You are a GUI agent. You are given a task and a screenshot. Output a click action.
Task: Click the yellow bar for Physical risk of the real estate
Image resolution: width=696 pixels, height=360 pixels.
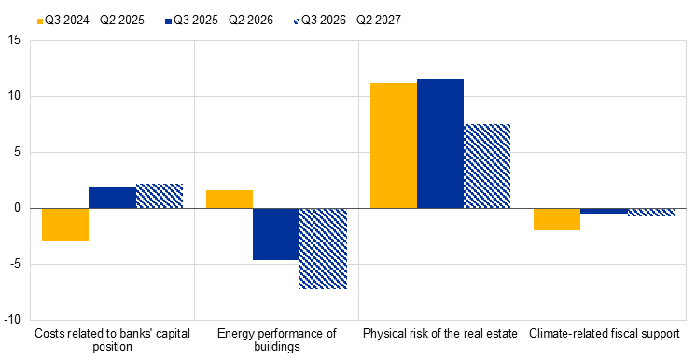tap(394, 145)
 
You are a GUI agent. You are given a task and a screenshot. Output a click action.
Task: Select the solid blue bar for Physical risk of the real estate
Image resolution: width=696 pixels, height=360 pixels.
tap(440, 144)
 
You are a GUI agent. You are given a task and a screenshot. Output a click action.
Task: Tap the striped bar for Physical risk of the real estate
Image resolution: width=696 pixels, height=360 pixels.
tap(487, 166)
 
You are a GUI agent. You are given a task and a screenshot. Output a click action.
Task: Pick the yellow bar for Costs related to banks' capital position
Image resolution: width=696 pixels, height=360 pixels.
tap(65, 224)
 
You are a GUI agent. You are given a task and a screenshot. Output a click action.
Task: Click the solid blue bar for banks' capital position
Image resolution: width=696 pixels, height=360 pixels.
tap(112, 198)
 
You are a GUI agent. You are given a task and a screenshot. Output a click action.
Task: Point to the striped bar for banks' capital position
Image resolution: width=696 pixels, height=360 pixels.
tap(160, 196)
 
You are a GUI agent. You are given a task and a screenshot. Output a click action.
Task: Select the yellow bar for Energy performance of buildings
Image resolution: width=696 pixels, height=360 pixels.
tap(230, 200)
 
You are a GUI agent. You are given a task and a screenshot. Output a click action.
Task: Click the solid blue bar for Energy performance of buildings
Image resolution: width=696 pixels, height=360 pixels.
tap(276, 234)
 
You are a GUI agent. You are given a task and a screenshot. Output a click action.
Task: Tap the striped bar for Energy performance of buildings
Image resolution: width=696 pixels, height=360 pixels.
tap(323, 249)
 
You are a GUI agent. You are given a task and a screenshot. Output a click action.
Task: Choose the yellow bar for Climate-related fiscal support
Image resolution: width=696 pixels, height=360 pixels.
tap(557, 219)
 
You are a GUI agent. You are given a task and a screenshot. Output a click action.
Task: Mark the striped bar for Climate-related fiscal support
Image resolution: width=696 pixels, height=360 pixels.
tap(651, 213)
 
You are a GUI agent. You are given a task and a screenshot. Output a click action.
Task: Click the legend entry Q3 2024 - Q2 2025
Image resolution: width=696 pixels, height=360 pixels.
tap(90, 20)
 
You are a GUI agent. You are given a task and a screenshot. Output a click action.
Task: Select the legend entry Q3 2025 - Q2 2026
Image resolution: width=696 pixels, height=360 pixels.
tap(219, 20)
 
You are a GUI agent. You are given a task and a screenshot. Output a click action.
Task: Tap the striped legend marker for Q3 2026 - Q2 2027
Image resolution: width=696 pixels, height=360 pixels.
tap(297, 21)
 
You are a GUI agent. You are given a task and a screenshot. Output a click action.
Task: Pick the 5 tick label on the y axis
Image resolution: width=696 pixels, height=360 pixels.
tap(18, 152)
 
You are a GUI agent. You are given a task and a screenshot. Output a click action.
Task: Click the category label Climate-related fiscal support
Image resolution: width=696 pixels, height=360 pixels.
tap(605, 333)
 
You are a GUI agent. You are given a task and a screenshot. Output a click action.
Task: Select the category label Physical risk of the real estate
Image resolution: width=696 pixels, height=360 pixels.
tap(440, 333)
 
